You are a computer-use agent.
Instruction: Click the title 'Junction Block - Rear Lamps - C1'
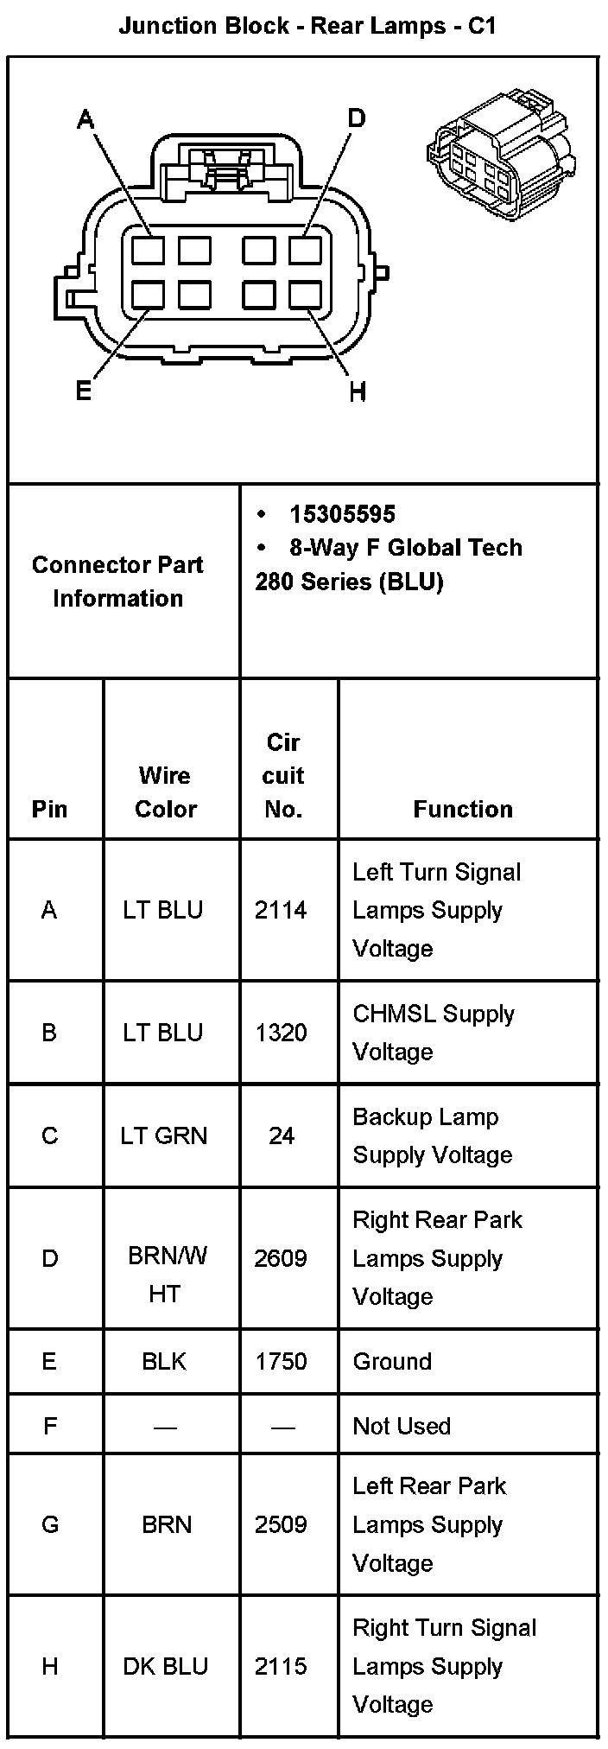(307, 26)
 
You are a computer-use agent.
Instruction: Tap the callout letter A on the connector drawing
(85, 118)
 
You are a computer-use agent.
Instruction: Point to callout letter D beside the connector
(356, 118)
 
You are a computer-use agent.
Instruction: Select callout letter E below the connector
(84, 391)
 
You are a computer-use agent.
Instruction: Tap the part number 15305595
(342, 515)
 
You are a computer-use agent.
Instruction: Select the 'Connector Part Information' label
(117, 581)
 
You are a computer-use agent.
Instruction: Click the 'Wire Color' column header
(166, 792)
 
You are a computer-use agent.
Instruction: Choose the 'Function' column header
(463, 809)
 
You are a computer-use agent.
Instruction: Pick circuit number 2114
(281, 910)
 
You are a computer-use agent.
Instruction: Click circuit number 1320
(281, 1033)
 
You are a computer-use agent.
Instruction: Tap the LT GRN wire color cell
(164, 1135)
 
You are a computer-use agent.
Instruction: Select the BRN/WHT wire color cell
(166, 1275)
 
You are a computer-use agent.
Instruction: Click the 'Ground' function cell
(392, 1362)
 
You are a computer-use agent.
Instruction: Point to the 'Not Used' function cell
(402, 1426)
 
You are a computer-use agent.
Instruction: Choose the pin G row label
(50, 1524)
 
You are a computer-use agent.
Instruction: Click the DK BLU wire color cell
(165, 1666)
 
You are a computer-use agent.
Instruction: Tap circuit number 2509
(281, 1524)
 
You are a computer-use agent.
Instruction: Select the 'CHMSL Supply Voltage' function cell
(434, 1033)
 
